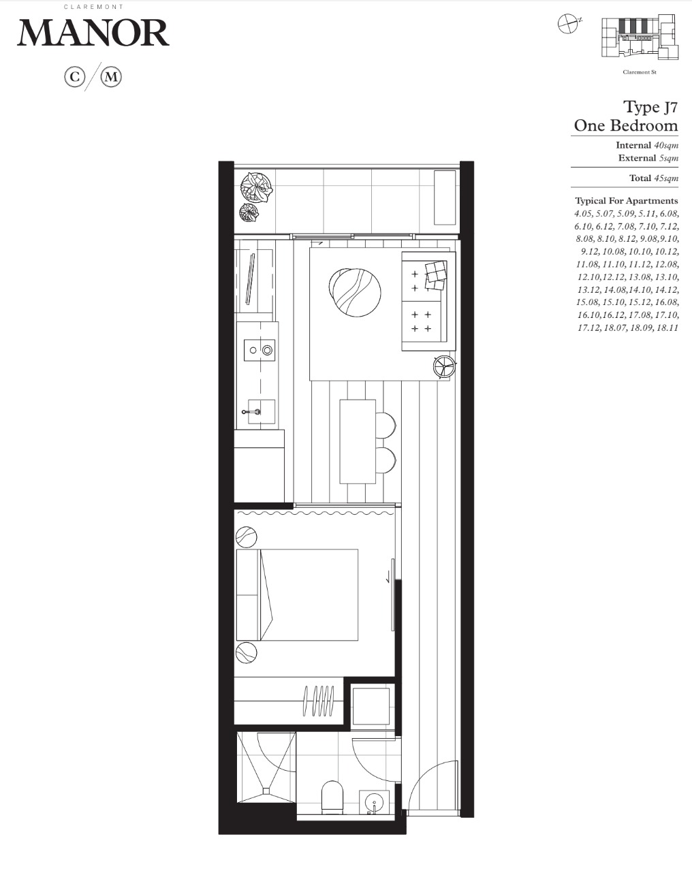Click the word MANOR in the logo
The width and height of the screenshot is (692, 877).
tap(93, 33)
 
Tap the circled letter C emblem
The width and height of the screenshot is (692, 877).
tap(75, 77)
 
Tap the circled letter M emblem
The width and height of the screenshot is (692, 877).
tap(111, 77)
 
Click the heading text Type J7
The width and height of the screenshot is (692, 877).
tap(650, 108)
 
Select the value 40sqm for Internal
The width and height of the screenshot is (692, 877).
tap(666, 145)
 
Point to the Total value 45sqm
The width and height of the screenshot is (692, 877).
tap(666, 178)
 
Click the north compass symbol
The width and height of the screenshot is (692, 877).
tap(568, 23)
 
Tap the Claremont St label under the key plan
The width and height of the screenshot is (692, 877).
tap(640, 72)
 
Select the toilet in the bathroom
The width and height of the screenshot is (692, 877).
tap(333, 796)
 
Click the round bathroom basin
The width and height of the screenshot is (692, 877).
tap(374, 802)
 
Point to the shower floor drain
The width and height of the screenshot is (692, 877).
tap(266, 791)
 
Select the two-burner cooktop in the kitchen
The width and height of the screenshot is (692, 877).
tap(259, 350)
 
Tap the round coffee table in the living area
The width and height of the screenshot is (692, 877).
tap(355, 292)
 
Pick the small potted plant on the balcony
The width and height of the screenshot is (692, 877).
tap(249, 212)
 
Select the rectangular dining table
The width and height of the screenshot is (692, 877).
tap(358, 442)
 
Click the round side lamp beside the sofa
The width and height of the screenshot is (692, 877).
tap(443, 366)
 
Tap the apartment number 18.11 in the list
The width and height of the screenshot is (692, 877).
tap(667, 328)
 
